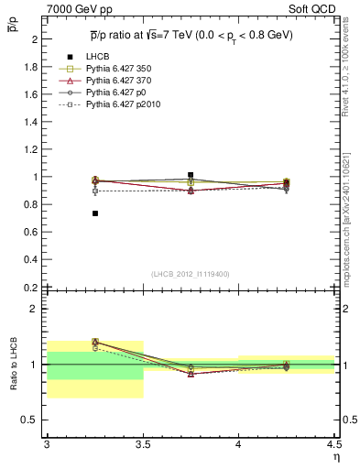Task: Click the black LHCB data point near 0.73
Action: click(x=95, y=213)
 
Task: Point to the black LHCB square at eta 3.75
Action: click(x=191, y=175)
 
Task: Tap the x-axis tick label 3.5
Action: click(x=143, y=443)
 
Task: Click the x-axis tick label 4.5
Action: click(x=334, y=443)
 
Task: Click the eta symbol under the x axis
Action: click(x=336, y=455)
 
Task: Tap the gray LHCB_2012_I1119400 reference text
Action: click(x=191, y=274)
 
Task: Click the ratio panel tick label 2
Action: click(x=33, y=309)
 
